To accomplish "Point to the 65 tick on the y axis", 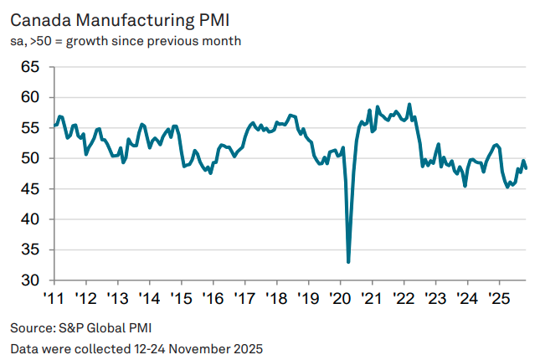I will coord(30,67).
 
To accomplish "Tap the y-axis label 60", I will coord(30,98).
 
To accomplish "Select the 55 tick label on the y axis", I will coord(30,128).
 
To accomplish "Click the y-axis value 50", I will coord(30,158).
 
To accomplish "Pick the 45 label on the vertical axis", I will coord(30,189).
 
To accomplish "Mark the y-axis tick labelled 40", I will coord(30,219).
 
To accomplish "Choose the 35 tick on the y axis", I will coord(30,249).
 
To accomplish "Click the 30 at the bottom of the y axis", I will coord(30,280).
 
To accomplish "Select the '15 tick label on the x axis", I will coord(181,298).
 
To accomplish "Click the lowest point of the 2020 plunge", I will coord(348,261).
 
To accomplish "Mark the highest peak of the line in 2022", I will coord(409,105).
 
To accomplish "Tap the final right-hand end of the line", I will coord(526,168).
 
